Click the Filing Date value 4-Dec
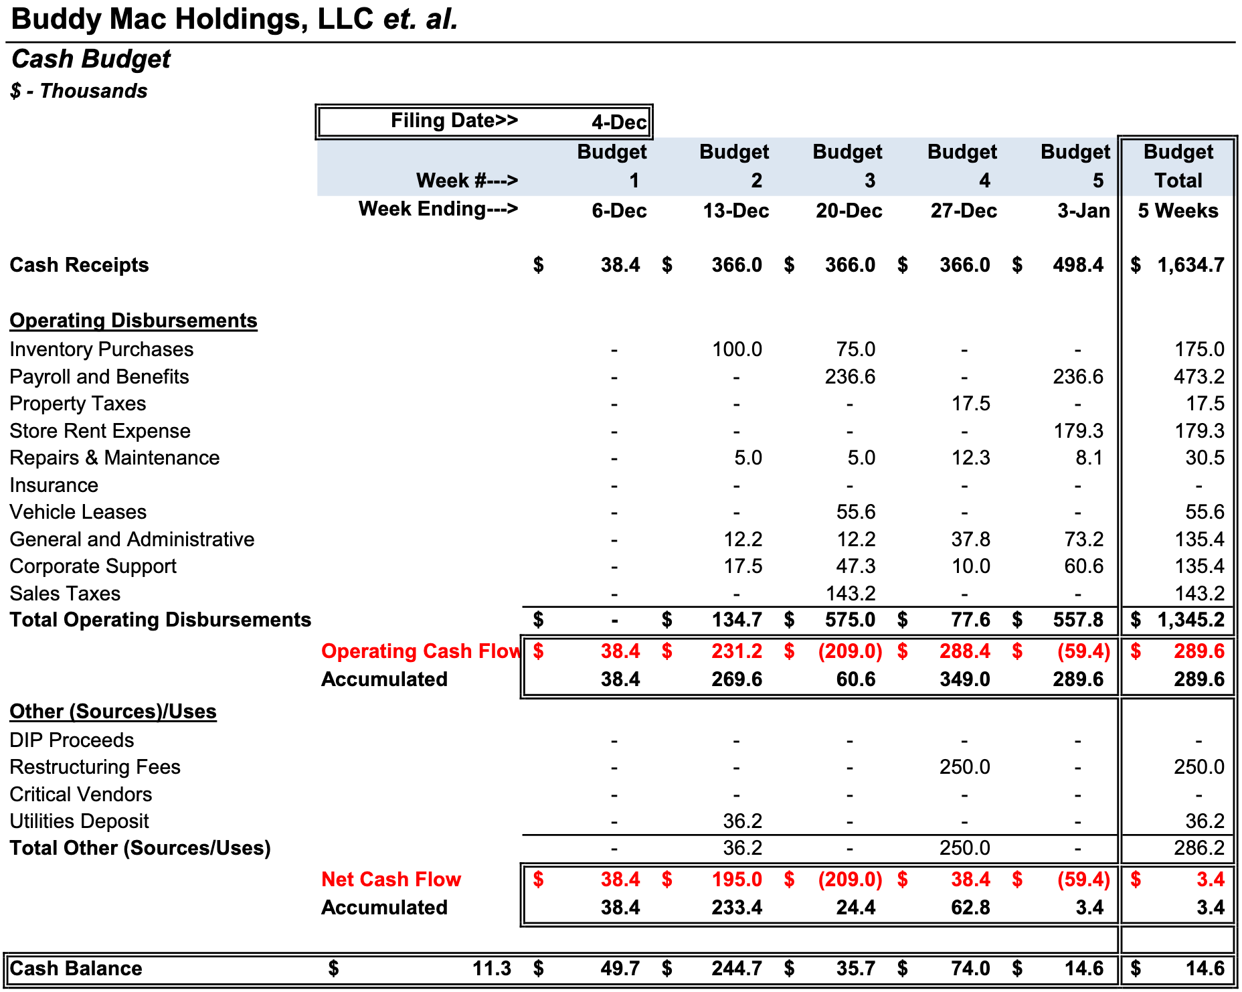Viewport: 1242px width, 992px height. coord(618,122)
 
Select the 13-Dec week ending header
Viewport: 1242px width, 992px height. coord(735,211)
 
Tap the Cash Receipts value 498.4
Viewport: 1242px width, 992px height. coord(1077,265)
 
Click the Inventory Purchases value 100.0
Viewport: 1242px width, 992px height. coord(737,349)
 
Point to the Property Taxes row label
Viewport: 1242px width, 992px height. coord(78,404)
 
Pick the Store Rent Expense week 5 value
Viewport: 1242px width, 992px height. coord(1078,431)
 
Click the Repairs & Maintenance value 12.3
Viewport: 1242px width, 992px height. coord(970,458)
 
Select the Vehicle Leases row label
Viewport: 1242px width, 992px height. coord(78,512)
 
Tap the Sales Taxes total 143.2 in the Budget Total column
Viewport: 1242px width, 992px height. coord(1199,594)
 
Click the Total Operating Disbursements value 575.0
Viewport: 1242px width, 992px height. coord(850,620)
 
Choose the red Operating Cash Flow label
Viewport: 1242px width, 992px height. coord(421,651)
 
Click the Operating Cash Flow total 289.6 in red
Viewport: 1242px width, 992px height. coord(1199,651)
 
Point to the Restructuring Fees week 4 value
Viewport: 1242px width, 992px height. coord(964,767)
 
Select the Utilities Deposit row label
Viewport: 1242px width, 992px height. coord(79,821)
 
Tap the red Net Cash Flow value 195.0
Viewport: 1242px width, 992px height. coord(736,880)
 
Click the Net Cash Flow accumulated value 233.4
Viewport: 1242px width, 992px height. coord(736,908)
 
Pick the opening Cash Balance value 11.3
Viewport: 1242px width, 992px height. coord(491,969)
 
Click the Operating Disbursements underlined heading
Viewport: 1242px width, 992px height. coord(133,321)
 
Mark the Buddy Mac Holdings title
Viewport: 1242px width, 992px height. coord(234,19)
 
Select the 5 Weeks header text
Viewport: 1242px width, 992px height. coord(1178,211)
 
